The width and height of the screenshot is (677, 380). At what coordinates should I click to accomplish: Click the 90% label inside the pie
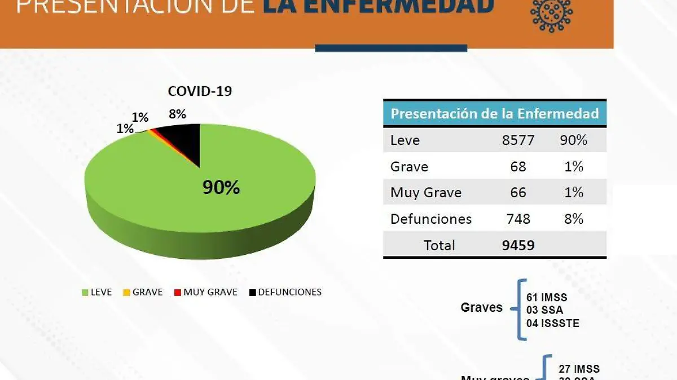pos(221,188)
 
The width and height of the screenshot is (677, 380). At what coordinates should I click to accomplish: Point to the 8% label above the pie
pos(177,114)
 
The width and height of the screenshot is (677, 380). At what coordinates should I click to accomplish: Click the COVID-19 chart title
pos(200,91)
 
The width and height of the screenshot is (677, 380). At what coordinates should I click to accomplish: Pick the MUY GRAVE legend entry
pos(205,292)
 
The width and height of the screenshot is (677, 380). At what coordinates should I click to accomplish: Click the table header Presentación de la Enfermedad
pos(494,114)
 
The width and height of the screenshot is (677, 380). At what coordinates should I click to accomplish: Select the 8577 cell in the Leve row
pos(518,140)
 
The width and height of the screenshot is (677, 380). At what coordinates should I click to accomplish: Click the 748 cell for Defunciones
pos(518,219)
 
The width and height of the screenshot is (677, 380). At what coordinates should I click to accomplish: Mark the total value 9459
pos(518,245)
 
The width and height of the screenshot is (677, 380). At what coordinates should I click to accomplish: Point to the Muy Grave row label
pos(426,193)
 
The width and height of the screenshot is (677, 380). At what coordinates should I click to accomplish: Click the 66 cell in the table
pos(518,193)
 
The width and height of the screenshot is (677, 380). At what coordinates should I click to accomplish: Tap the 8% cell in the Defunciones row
pos(574,219)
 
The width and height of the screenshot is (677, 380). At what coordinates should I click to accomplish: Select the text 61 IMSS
pos(547,297)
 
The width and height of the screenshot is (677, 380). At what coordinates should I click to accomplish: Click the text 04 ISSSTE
pos(553,323)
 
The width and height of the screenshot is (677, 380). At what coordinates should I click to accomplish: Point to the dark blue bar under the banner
pos(391,48)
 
